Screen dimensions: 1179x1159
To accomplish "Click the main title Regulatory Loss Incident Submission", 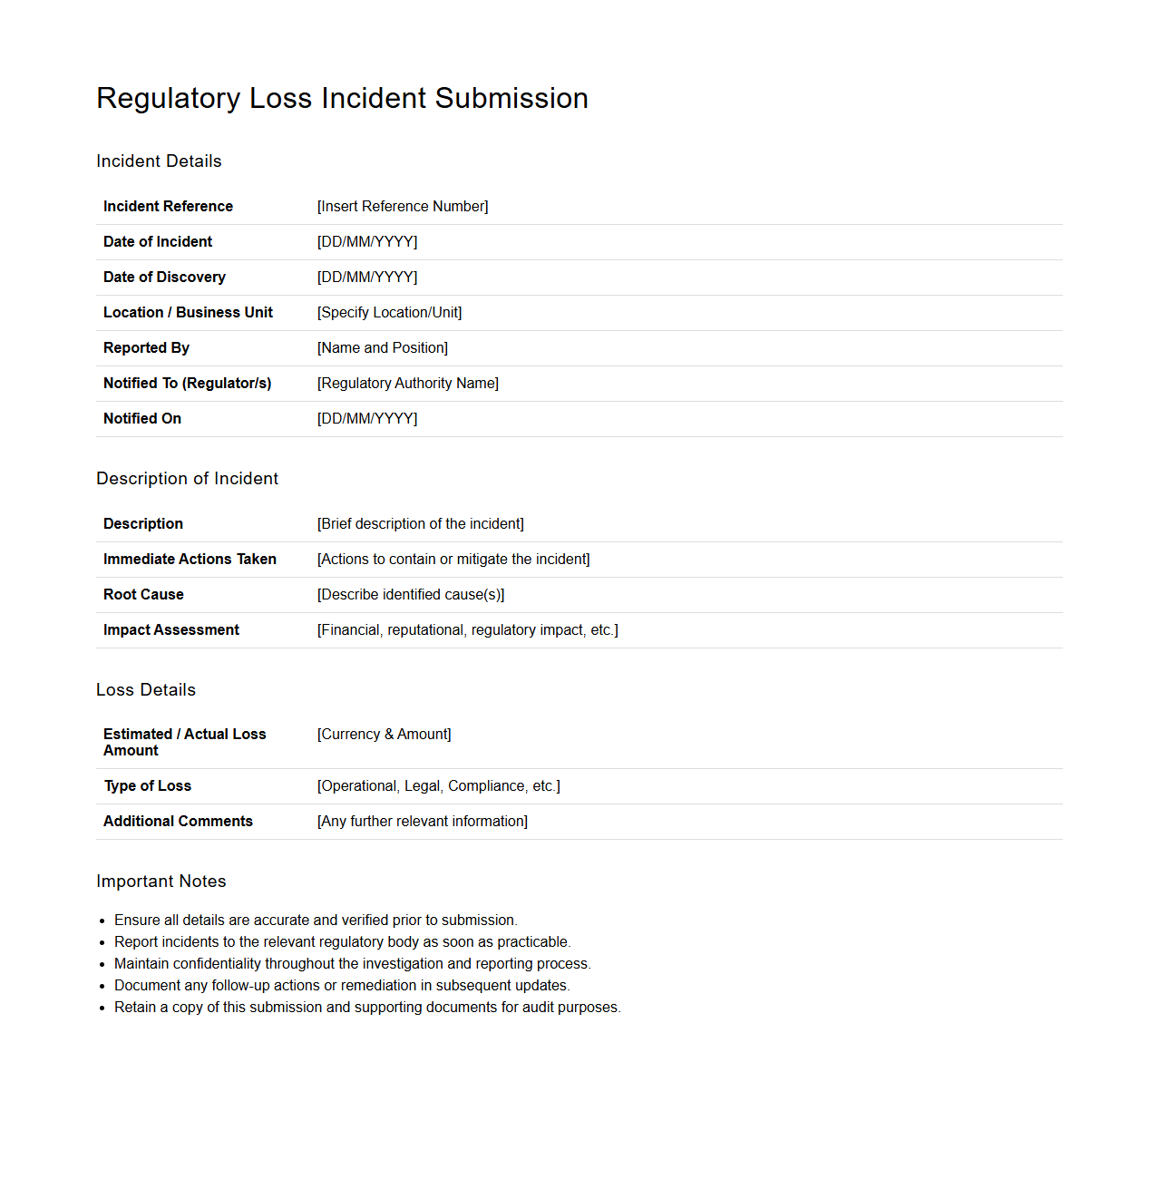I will pyautogui.click(x=342, y=98).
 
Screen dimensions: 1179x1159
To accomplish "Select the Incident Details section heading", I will pyautogui.click(x=159, y=161).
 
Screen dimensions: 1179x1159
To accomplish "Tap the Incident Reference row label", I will pyautogui.click(x=168, y=207).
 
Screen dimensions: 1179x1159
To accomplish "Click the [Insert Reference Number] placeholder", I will pyautogui.click(x=403, y=207).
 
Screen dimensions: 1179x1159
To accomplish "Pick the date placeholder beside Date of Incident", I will pyautogui.click(x=367, y=242).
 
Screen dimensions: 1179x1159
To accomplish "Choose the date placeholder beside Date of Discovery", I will pyautogui.click(x=367, y=278).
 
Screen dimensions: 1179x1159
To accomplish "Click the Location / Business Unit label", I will pyautogui.click(x=188, y=313).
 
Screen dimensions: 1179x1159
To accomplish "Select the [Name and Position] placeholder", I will pyautogui.click(x=383, y=348).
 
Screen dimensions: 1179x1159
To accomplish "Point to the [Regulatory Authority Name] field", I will pyautogui.click(x=408, y=384).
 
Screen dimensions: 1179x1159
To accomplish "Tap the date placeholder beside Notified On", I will pyautogui.click(x=367, y=419).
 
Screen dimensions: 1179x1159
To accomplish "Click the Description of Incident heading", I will pyautogui.click(x=187, y=479).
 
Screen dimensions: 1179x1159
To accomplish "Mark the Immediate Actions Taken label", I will pyautogui.click(x=190, y=560).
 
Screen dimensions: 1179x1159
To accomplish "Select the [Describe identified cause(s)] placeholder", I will pyautogui.click(x=411, y=595).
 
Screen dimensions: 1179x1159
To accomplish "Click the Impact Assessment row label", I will pyautogui.click(x=171, y=630).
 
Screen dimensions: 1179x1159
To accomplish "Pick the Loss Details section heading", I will pyautogui.click(x=146, y=690).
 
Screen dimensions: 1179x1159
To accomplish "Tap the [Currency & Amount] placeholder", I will pyautogui.click(x=385, y=735).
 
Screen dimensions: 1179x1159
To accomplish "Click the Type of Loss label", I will pyautogui.click(x=148, y=786).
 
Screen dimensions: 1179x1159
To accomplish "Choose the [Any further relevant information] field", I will pyautogui.click(x=423, y=822).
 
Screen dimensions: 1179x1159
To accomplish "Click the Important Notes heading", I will pyautogui.click(x=161, y=882).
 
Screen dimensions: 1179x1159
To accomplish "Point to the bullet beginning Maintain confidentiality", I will pyautogui.click(x=352, y=964).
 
